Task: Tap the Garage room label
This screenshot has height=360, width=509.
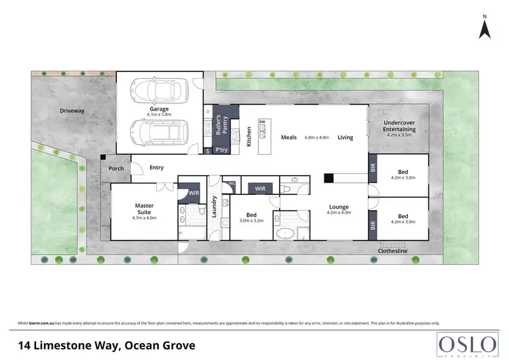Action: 158,109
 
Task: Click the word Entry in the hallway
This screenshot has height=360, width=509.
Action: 156,167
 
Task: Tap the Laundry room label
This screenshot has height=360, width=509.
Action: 214,205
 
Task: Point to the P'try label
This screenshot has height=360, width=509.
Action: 221,150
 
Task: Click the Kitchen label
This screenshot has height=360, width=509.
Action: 249,137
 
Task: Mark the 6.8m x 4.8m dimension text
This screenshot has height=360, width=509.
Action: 317,138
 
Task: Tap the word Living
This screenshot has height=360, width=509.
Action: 345,138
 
